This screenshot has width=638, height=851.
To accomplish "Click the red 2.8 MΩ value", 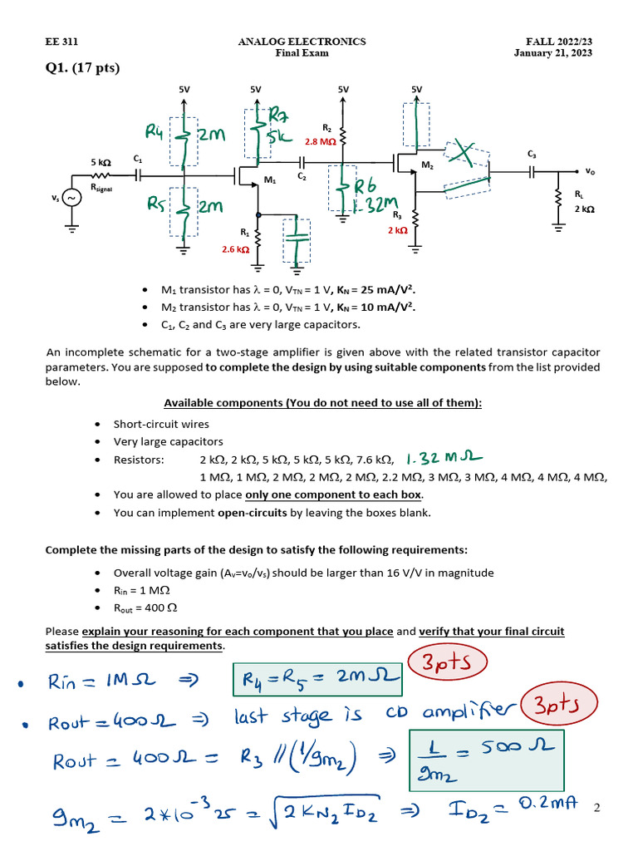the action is point(321,142).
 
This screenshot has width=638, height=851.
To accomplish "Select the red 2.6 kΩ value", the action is point(235,248).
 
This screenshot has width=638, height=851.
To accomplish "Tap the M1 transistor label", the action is point(269,180).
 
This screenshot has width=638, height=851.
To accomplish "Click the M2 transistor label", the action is point(427,166).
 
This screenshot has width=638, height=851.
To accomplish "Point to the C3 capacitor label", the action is point(532,154).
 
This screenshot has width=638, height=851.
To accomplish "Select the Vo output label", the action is point(590,171).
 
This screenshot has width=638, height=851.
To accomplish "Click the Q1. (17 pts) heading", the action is point(82,68).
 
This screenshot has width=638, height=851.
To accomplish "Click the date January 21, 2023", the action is point(552,53).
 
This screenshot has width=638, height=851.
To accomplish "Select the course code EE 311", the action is point(61,42).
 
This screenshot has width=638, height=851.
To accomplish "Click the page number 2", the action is point(596,806).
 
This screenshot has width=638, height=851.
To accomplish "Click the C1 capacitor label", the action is point(137,158).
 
